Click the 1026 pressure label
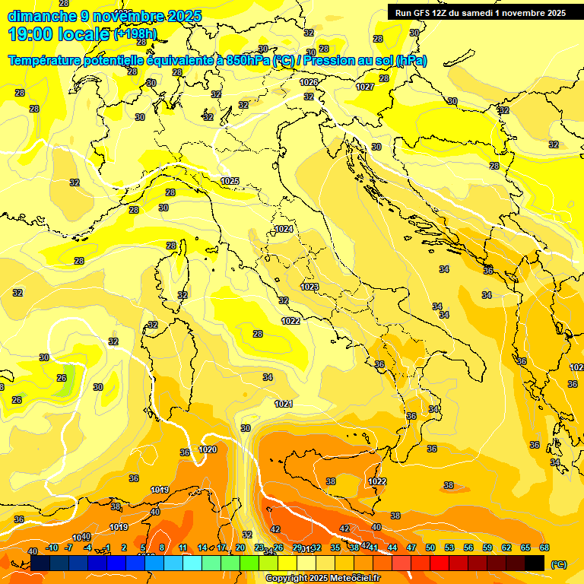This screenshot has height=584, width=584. tap(308, 82)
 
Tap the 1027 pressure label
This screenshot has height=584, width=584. tap(365, 87)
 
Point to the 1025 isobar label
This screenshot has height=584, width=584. tap(230, 181)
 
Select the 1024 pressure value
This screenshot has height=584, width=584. tap(284, 229)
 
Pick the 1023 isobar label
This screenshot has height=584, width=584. tap(309, 287)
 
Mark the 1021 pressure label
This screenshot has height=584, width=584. tap(284, 404)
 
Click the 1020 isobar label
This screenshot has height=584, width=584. tap(208, 449)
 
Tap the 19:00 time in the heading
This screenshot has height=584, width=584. tap(33, 34)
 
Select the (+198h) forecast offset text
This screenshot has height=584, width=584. tap(135, 34)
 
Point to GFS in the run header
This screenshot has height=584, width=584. tap(425, 13)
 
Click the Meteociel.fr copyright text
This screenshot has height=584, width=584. tap(322, 579)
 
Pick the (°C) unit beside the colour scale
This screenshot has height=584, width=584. tap(557, 564)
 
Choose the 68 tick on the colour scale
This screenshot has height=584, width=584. tap(544, 547)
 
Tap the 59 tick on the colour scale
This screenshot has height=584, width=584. tap(487, 547)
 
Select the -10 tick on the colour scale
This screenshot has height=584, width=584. tap(52, 547)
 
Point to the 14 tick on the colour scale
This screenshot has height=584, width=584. tap(202, 547)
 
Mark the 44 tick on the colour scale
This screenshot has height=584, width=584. tap(392, 547)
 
